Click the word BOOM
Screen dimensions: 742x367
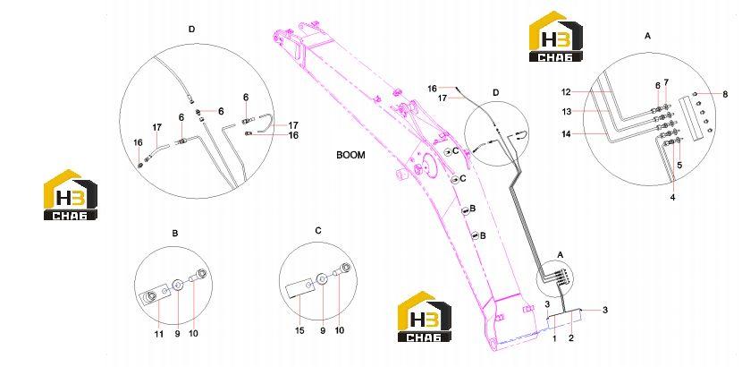tap(350, 155)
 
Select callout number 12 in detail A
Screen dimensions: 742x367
tap(567, 92)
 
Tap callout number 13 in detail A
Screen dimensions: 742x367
tap(567, 112)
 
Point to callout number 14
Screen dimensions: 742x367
tap(567, 134)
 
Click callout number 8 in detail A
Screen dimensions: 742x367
tap(725, 94)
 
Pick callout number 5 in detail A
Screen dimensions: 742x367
tap(679, 166)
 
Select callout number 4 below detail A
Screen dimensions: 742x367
tap(672, 197)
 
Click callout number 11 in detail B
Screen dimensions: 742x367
tap(159, 334)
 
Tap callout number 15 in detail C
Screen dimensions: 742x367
tap(300, 331)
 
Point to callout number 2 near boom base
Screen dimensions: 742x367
tap(571, 338)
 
